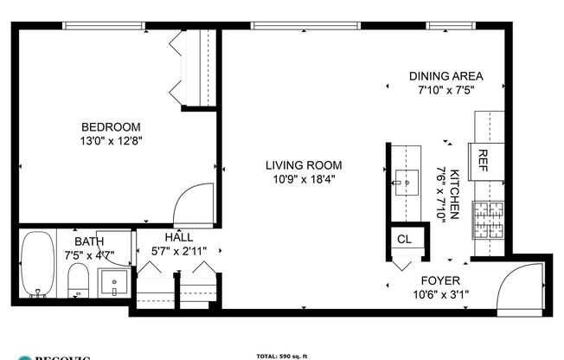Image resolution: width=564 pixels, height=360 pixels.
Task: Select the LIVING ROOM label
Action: [303, 165]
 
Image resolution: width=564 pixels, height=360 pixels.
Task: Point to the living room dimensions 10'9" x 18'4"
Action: [303, 179]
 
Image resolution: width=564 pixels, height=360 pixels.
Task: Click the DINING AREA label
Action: [445, 75]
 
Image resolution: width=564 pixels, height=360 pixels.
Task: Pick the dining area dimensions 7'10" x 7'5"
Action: [445, 88]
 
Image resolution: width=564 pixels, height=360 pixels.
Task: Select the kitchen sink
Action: [402, 182]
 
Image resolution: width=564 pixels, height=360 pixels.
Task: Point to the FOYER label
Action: [439, 281]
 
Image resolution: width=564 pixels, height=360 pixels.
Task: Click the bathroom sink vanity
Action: [113, 282]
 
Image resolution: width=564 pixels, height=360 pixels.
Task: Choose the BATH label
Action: [88, 241]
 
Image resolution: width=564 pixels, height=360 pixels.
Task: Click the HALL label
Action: [178, 237]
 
